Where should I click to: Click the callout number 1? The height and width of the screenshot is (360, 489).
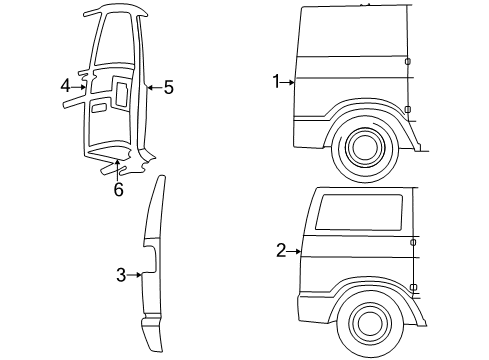pos(277,82)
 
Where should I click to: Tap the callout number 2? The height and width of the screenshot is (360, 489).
pos(281,250)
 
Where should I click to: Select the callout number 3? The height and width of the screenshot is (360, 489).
pos(121,275)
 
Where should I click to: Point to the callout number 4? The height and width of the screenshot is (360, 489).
pos(65,86)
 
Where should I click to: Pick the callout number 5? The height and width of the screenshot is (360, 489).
pos(168,88)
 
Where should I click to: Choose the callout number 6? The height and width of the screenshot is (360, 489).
pos(118,188)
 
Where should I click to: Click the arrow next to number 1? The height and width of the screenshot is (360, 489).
pos(290,82)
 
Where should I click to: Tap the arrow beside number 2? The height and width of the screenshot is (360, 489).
pos(294,250)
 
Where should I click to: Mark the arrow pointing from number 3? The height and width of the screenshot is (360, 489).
pos(134,275)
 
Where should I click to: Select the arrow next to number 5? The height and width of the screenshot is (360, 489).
pos(152,88)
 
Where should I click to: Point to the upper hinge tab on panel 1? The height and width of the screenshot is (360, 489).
pos(408,62)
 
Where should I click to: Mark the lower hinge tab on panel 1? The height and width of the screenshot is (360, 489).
pos(408,108)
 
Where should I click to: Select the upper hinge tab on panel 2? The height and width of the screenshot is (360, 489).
pos(413,240)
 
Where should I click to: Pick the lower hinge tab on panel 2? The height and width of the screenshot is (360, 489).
pos(413,287)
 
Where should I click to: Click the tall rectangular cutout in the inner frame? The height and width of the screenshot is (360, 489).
pos(121,94)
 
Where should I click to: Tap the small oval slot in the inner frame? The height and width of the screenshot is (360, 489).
pos(98,106)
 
